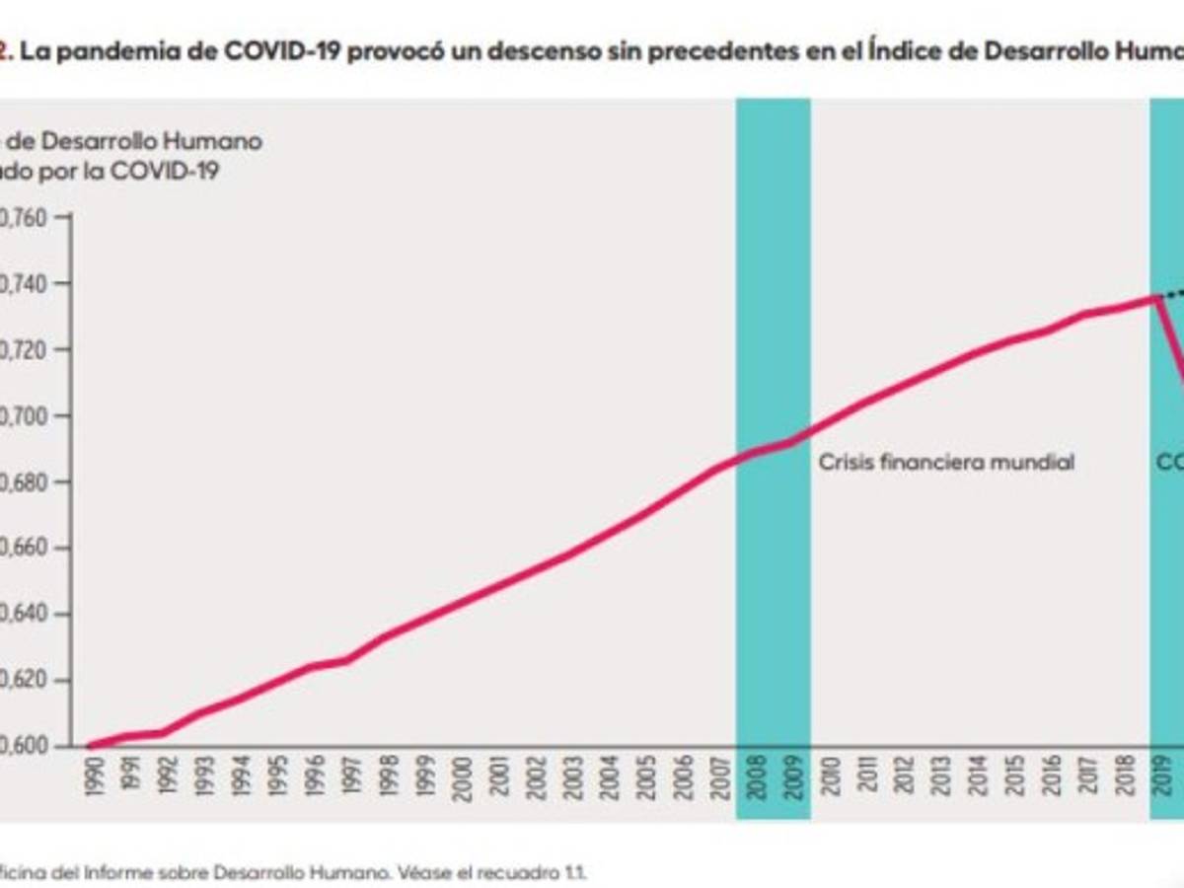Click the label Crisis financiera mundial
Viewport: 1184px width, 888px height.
[x=945, y=462]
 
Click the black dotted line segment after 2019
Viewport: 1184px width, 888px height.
[x=1173, y=293]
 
